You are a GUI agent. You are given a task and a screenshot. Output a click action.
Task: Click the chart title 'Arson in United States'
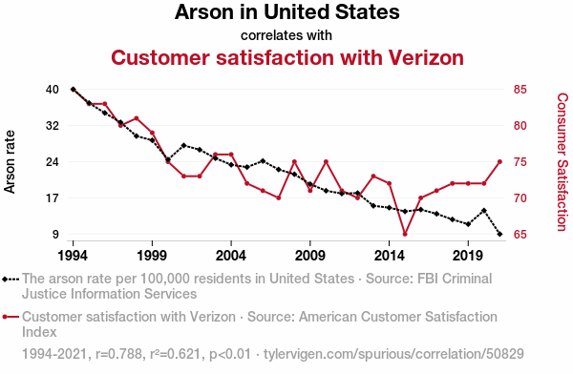[286, 12]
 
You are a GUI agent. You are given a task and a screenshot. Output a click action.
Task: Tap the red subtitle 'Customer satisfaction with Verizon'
[287, 57]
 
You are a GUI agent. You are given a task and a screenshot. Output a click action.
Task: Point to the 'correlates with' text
[286, 35]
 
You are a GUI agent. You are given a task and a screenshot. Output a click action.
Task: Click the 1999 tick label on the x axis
[152, 256]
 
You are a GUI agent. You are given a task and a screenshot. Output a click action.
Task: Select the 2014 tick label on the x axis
[390, 256]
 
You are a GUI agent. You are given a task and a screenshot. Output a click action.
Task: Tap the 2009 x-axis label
[310, 256]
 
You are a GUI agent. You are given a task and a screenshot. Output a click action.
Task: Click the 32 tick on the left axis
[53, 126]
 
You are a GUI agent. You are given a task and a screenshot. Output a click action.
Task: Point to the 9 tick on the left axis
[55, 234]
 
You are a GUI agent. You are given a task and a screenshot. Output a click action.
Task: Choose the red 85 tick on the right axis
[520, 90]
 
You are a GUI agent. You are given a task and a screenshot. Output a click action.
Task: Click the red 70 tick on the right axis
[520, 197]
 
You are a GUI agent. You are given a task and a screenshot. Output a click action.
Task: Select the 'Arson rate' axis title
[10, 162]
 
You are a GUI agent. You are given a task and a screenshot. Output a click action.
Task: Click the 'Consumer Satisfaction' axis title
[562, 162]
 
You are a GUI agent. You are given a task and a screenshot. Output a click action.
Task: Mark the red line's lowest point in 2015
[405, 234]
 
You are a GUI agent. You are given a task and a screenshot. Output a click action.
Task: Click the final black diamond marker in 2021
[499, 234]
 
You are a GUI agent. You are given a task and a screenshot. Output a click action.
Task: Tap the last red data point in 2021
[499, 162]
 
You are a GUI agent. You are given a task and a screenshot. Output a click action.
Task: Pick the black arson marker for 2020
[484, 210]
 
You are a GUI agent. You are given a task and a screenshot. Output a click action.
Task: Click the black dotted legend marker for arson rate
[11, 280]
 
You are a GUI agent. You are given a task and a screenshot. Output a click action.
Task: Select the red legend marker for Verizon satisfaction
[11, 317]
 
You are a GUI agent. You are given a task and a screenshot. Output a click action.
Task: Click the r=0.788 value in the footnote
[118, 354]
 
